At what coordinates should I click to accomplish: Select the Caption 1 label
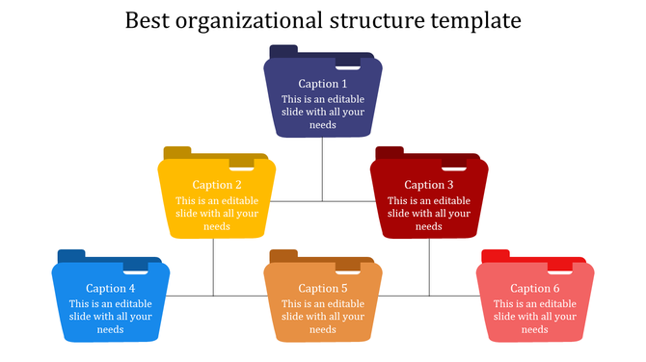(x=323, y=84)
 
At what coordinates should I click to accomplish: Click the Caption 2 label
(x=217, y=185)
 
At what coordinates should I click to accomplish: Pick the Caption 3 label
(x=429, y=185)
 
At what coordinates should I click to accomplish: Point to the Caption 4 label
(x=111, y=288)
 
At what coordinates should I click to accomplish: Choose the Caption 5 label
(x=323, y=288)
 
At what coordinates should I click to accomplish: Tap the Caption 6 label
(x=535, y=288)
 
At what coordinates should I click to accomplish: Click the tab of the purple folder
(x=283, y=51)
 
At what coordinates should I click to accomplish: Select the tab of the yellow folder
(x=177, y=152)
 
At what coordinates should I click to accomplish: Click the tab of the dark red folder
(x=390, y=152)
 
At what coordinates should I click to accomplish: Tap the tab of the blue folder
(x=71, y=255)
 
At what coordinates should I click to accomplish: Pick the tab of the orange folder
(x=283, y=255)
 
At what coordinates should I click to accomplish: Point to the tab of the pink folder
(x=495, y=255)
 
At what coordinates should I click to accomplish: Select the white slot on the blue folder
(x=136, y=271)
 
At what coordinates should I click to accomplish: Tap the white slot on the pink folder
(x=560, y=271)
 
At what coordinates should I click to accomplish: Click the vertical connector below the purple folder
(x=323, y=168)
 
